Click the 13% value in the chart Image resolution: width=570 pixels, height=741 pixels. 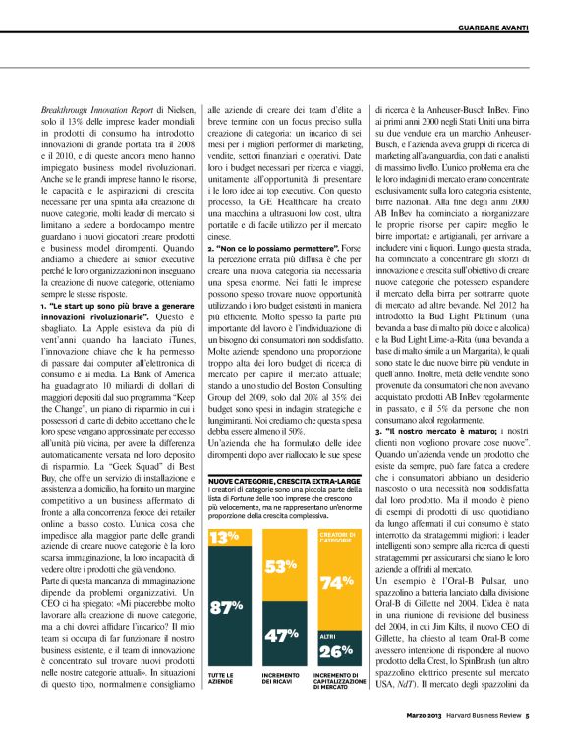coord(224,538)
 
